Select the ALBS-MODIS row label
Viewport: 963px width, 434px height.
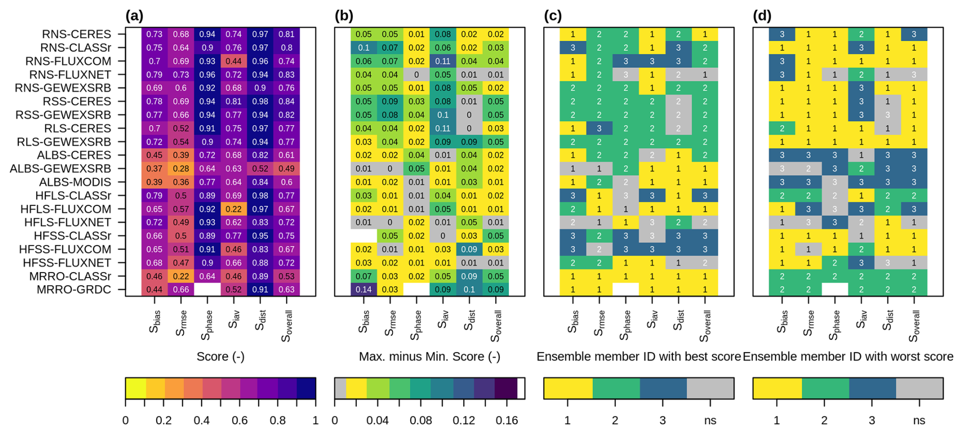[75, 182]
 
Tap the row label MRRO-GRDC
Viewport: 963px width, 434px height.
[74, 289]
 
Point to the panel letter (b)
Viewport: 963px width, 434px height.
[344, 16]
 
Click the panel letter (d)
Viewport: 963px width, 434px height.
[762, 16]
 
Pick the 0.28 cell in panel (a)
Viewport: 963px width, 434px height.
[181, 169]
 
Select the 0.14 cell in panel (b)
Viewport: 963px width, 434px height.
[363, 289]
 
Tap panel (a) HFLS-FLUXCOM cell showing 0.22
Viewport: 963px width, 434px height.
[234, 209]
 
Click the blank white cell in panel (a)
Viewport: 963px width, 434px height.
[207, 289]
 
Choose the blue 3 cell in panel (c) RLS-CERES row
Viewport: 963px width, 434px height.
[599, 128]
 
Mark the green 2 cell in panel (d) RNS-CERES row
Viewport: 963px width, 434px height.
[861, 34]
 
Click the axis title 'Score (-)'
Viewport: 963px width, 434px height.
[220, 357]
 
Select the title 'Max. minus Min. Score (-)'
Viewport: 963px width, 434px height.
[430, 357]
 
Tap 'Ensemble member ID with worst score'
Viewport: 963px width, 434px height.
[848, 357]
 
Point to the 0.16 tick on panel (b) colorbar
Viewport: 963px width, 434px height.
[507, 420]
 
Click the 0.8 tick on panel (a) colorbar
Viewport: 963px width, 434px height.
[277, 420]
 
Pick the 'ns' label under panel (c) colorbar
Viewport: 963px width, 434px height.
[710, 420]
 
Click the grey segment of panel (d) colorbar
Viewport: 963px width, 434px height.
[919, 388]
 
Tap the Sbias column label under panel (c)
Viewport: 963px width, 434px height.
[573, 321]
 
